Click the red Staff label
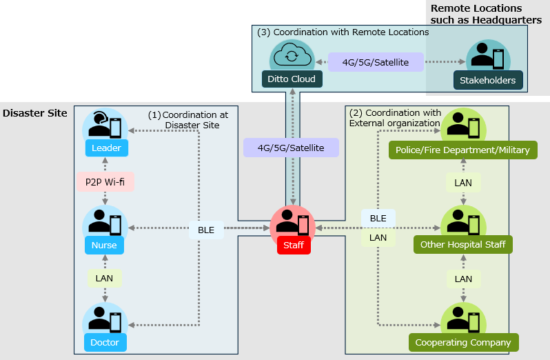294,245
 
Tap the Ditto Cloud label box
292,79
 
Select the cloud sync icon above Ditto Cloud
292,55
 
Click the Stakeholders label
488,81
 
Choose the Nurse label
105,245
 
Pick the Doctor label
105,342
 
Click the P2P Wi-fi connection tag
105,181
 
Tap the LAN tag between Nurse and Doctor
105,278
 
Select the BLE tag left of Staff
206,230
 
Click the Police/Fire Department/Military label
462,150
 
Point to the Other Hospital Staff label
462,245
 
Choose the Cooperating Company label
462,342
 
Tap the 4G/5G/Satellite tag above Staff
292,148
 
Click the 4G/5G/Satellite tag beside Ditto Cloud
376,62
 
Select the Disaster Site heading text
35,113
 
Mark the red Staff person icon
292,222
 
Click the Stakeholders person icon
488,57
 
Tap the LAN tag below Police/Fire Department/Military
463,183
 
